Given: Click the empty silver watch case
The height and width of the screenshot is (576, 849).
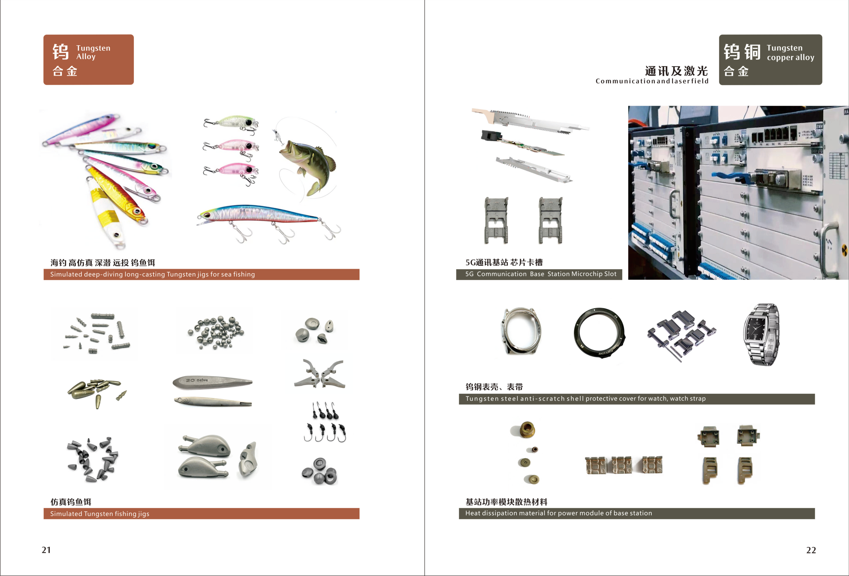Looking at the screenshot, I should (520, 331).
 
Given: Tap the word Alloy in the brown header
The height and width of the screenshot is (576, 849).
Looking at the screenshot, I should (86, 57).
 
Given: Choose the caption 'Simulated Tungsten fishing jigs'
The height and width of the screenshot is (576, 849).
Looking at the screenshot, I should (100, 514).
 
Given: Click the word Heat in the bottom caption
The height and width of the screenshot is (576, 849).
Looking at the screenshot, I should (473, 513).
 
